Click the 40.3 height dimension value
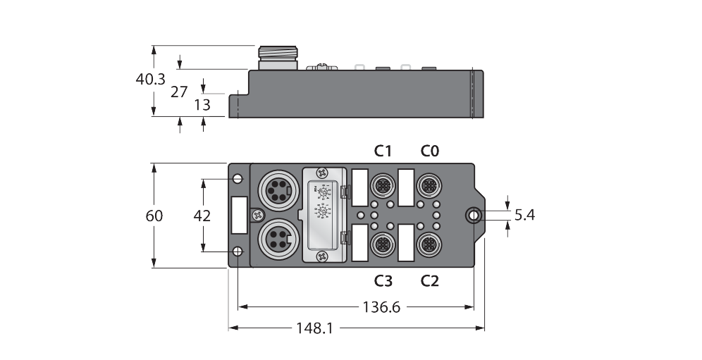(149, 80)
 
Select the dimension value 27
(179, 92)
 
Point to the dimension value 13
(202, 105)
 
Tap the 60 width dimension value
(154, 216)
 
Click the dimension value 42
(203, 216)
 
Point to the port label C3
(383, 280)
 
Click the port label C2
(429, 280)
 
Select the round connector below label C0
(429, 185)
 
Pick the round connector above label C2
(429, 244)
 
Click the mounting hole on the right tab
(474, 215)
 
